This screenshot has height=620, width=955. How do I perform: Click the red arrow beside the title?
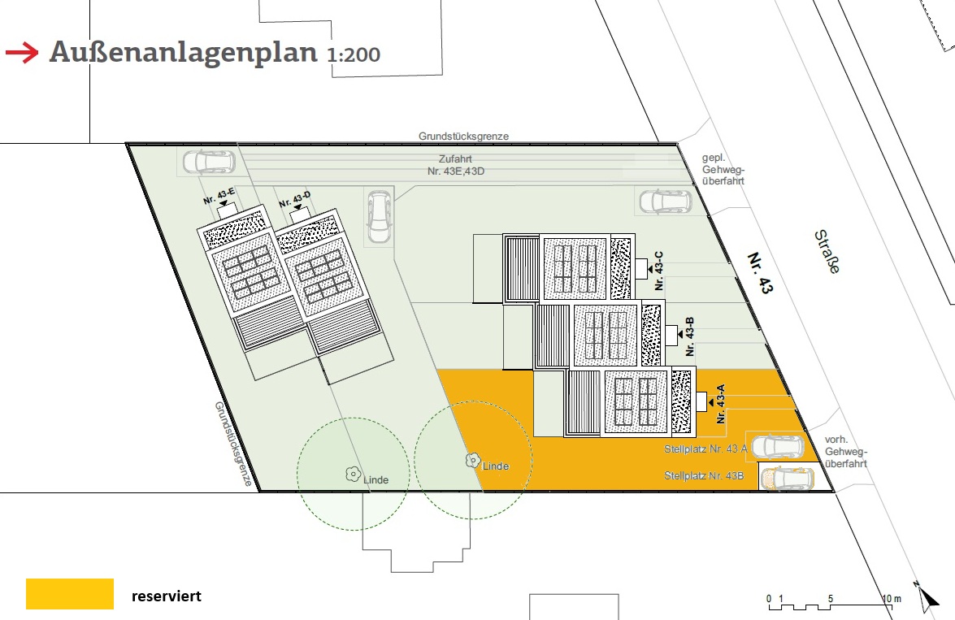coord(22,53)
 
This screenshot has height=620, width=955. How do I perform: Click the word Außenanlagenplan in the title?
coord(184,52)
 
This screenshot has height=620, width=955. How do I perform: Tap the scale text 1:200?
coord(354,54)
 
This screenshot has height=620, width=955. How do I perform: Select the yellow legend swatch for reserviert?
coord(69,594)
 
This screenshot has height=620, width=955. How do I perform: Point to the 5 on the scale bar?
coord(830,599)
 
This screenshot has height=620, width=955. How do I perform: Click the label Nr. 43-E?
coord(219,196)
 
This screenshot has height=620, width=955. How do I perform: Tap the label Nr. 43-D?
coord(295,199)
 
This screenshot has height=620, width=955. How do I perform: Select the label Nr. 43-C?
coord(658,271)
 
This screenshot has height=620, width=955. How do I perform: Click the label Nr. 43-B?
coord(689,336)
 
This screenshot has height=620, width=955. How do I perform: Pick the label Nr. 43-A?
coord(721,404)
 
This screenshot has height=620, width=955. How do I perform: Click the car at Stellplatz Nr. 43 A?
coord(778,447)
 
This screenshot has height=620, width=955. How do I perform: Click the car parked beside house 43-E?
coord(209,162)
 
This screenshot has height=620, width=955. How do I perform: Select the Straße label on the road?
coord(827,252)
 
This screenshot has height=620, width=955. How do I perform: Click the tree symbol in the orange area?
coord(473,461)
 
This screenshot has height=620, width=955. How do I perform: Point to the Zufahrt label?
coord(456,159)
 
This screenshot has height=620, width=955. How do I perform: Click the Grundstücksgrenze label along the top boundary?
coord(463,137)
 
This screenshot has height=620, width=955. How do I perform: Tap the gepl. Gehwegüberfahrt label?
coord(723,169)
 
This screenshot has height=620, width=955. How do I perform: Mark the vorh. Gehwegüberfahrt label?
coord(846,451)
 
